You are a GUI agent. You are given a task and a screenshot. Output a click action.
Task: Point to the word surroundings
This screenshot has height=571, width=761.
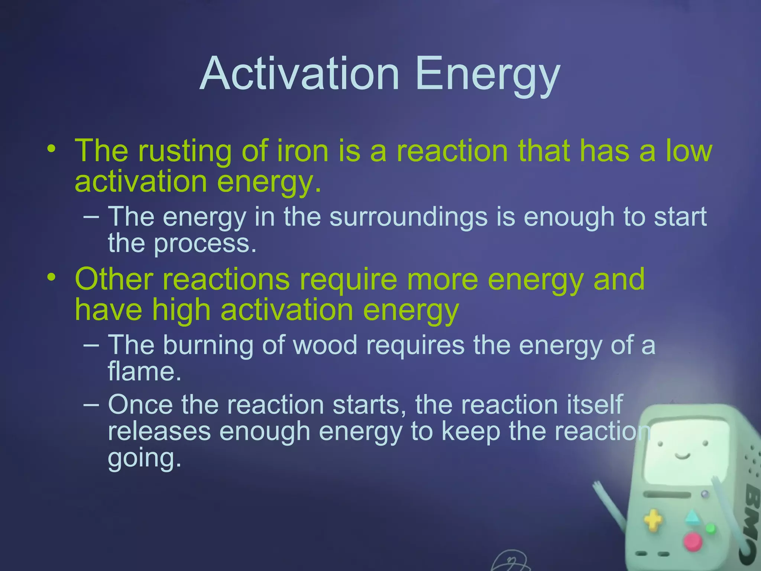(x=408, y=217)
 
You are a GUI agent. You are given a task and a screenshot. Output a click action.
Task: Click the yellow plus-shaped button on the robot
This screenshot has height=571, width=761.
(x=653, y=520)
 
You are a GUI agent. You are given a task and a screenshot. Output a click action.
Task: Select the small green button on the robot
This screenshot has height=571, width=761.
(x=710, y=528)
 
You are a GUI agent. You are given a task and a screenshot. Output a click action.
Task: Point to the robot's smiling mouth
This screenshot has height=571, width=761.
(x=683, y=456)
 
